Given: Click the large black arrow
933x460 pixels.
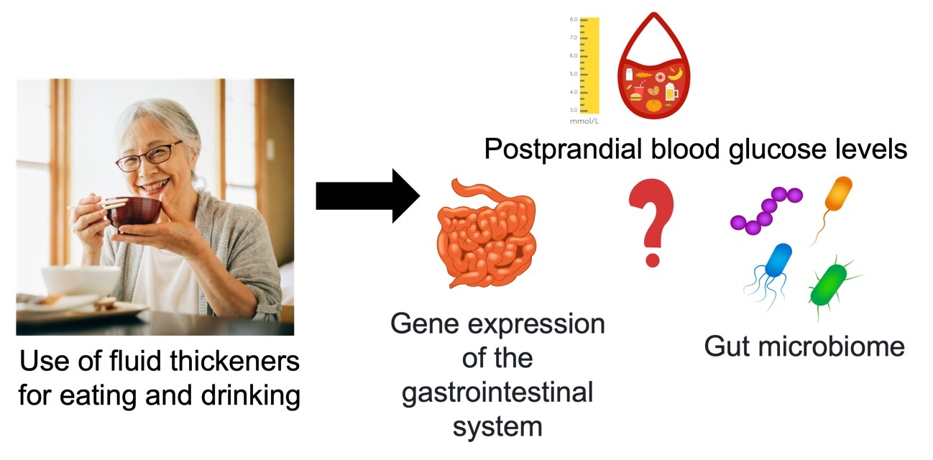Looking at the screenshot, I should [367, 195].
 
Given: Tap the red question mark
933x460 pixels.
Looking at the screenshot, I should [651, 221].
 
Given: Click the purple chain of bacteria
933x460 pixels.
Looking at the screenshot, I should [765, 211].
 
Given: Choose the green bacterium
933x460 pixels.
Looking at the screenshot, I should [827, 284].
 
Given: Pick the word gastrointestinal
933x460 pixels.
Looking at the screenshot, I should [497, 393].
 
